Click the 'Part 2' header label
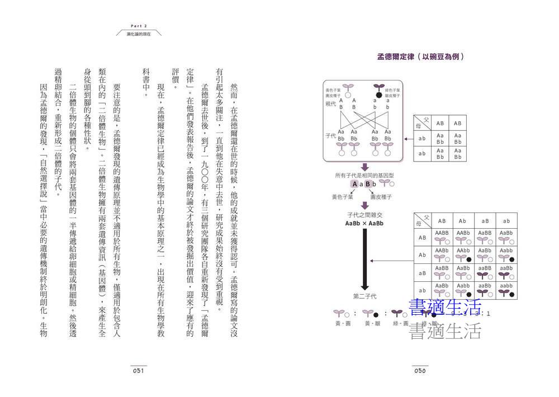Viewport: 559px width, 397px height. (x=138, y=26)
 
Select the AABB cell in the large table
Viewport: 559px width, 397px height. (x=442, y=236)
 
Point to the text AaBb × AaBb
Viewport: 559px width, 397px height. (x=364, y=224)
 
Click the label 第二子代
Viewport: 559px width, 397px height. (x=364, y=295)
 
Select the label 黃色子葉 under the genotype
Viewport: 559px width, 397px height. (x=343, y=197)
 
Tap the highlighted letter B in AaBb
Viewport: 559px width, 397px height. (x=368, y=184)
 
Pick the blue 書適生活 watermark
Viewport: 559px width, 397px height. (x=445, y=308)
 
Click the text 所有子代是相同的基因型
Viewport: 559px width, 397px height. (x=364, y=176)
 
